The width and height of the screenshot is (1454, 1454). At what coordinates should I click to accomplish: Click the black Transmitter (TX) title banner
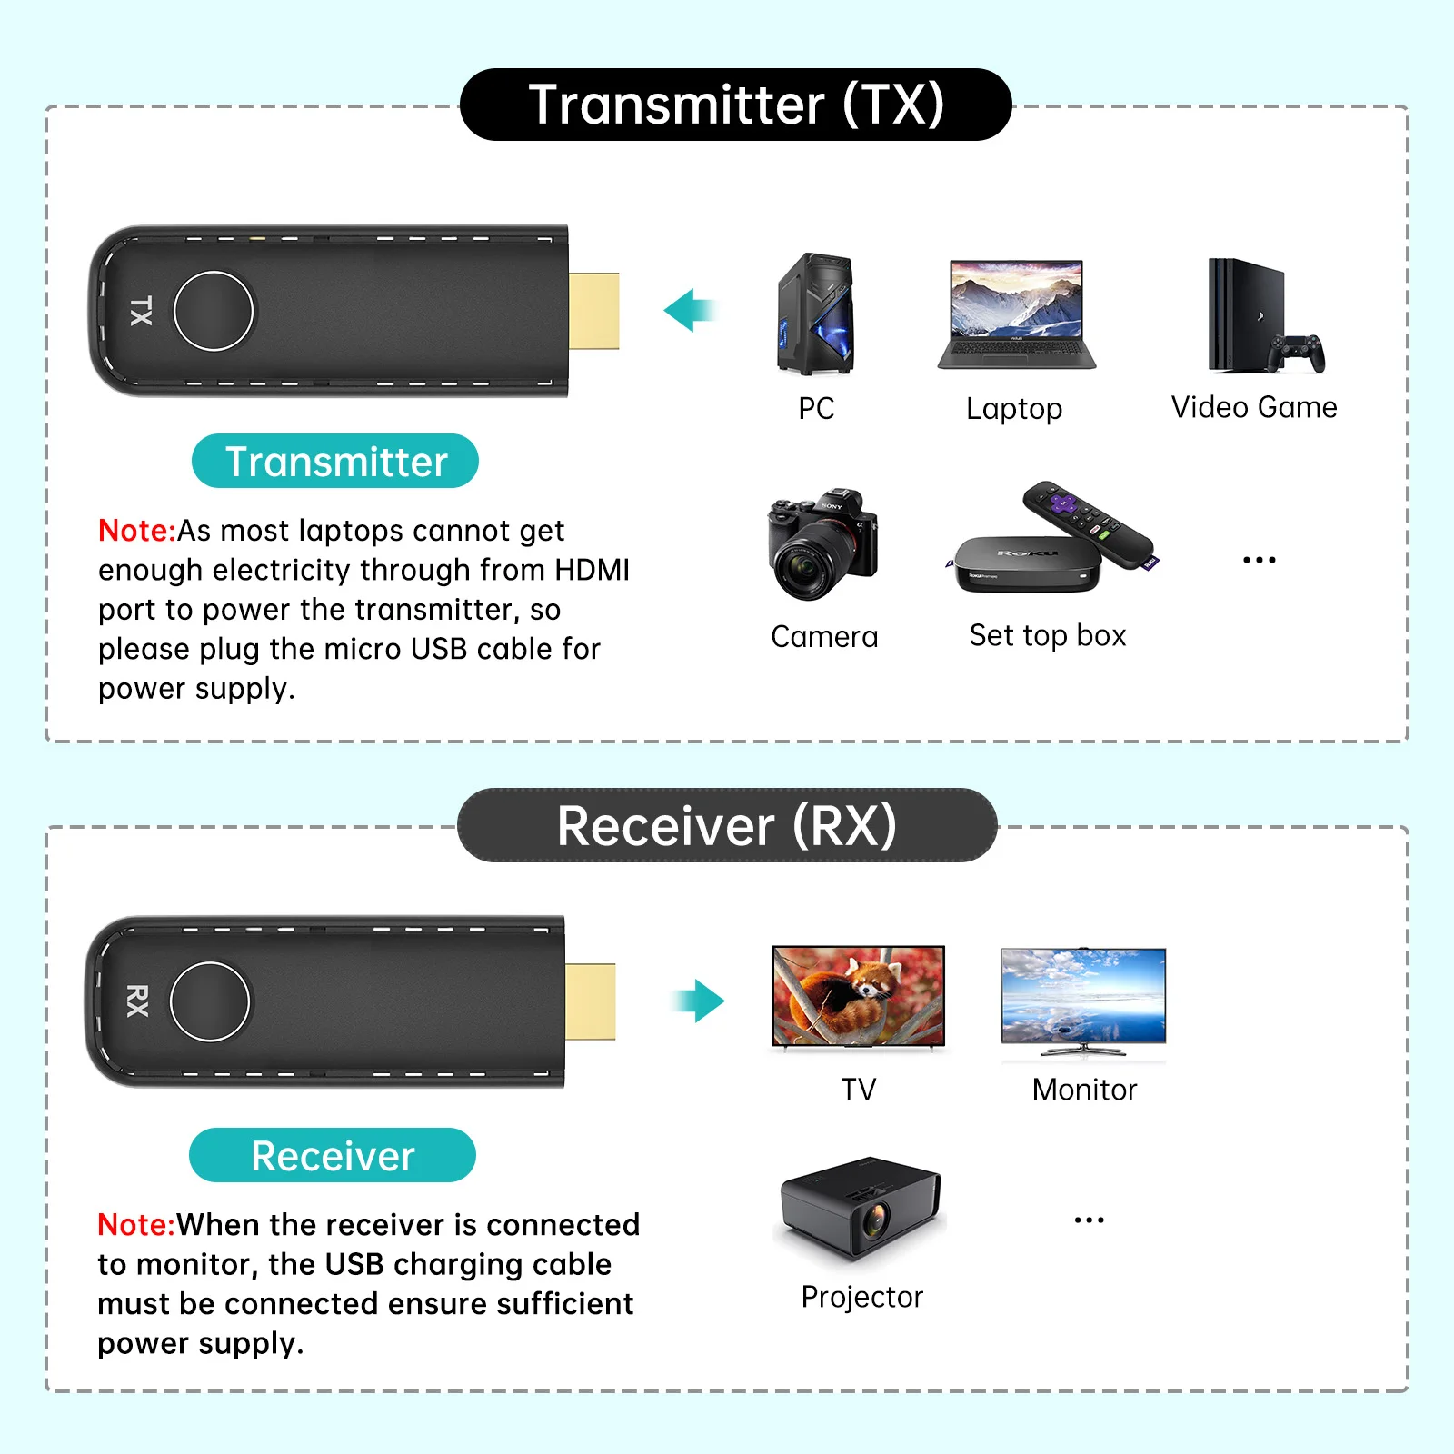[735, 105]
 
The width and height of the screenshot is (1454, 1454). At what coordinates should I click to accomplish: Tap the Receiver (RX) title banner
[727, 825]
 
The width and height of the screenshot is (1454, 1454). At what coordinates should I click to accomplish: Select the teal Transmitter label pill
[335, 462]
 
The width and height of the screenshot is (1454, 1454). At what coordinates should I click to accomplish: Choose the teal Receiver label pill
[333, 1155]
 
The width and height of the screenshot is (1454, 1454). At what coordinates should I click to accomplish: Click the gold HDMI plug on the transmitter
[593, 311]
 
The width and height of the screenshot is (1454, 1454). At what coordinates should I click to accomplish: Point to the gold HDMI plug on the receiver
[590, 1001]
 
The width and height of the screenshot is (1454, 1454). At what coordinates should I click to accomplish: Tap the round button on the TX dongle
[214, 311]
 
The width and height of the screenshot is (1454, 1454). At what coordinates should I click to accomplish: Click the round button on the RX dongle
[210, 1001]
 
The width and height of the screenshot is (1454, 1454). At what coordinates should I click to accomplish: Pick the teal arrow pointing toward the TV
[698, 1001]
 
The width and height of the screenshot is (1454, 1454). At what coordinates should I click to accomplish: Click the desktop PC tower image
[815, 314]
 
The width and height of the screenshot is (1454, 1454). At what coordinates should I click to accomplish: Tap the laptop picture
[1016, 314]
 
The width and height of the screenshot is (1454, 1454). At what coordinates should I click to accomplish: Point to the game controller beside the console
[1298, 354]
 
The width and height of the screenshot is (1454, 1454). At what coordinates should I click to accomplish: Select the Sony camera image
[822, 545]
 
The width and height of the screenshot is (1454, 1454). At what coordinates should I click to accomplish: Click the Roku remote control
[1089, 524]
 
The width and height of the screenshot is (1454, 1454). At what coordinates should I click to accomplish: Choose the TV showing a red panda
[858, 996]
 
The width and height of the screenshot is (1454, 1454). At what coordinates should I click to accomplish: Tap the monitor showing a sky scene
[1083, 999]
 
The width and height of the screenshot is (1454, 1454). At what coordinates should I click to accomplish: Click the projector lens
[875, 1219]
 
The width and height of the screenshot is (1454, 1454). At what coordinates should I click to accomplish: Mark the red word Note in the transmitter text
[135, 531]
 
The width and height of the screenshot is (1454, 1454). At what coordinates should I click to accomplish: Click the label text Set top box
[1047, 636]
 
